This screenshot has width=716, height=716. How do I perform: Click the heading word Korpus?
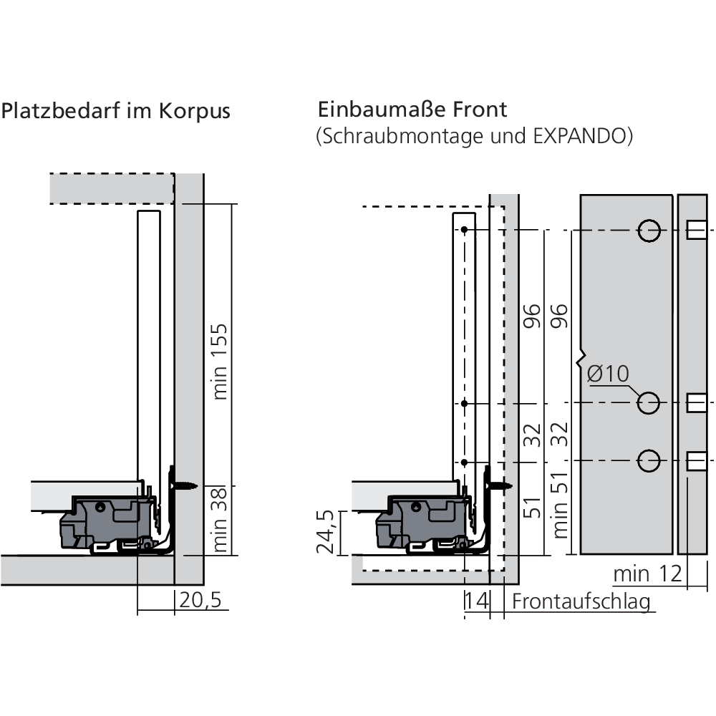click(195, 111)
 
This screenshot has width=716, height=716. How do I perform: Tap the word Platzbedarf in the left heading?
click(61, 111)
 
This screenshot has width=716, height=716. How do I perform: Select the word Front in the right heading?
click(480, 110)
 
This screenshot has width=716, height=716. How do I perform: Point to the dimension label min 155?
click(220, 362)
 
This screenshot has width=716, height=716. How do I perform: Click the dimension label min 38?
click(220, 520)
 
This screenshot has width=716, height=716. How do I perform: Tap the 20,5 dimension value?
click(200, 600)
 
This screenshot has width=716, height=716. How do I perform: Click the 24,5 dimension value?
click(326, 531)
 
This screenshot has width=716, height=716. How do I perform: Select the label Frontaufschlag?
click(581, 602)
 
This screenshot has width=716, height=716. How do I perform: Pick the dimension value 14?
click(477, 601)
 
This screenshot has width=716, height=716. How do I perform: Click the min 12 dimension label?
click(647, 574)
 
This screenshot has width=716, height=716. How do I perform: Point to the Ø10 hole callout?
click(608, 374)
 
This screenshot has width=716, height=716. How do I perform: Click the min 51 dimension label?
click(560, 505)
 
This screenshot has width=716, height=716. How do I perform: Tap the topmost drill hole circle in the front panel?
click(649, 231)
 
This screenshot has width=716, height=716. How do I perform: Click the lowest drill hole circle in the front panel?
click(649, 460)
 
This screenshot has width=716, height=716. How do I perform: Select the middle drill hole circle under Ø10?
click(649, 403)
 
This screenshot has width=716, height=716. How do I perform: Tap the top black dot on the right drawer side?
click(464, 230)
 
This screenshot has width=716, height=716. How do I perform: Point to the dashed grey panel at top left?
click(112, 188)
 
